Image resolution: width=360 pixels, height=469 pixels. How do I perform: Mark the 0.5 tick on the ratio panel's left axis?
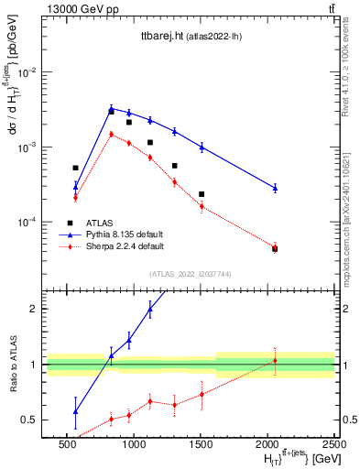33,420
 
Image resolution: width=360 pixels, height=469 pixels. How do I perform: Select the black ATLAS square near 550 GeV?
76,168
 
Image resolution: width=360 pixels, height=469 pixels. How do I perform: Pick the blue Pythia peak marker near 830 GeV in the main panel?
111,109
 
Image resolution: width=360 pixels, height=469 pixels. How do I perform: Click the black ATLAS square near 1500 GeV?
202,194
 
